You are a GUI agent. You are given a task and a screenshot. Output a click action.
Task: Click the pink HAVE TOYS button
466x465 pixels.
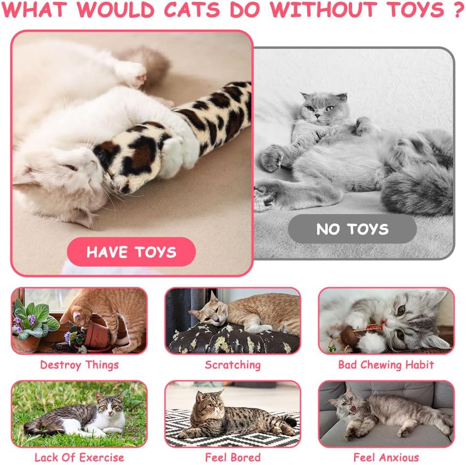tap(132, 252)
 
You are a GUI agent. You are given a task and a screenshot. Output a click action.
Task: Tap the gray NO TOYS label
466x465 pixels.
tap(352, 229)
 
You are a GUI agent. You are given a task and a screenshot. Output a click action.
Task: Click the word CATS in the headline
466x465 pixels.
tap(192, 10)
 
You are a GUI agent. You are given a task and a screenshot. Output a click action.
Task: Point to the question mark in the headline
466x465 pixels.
tap(458, 10)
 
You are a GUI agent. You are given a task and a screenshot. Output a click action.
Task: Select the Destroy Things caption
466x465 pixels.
tap(79, 365)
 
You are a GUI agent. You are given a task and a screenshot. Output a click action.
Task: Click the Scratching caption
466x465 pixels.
tap(233, 365)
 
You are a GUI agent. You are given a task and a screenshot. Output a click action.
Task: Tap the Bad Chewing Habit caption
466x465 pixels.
tap(386, 365)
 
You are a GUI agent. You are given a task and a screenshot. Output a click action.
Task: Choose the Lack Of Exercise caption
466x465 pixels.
tap(79, 457)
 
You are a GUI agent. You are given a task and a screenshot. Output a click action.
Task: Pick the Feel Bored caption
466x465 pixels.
tap(233, 457)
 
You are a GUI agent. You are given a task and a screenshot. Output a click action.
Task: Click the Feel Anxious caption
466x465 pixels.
tap(386, 457)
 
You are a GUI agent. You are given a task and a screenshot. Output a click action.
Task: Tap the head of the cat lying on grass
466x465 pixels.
tap(110, 406)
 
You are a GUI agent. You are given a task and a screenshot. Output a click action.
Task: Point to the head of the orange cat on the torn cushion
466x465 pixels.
tap(210, 311)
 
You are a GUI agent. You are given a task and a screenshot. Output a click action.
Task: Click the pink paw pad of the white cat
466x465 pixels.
tap(140, 78)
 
